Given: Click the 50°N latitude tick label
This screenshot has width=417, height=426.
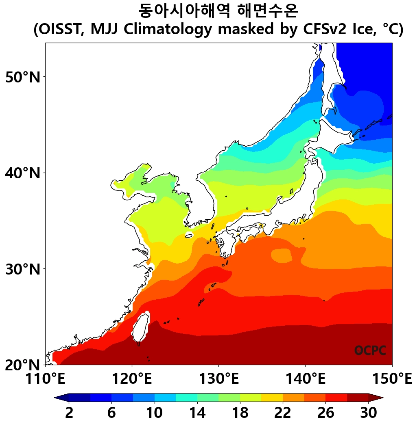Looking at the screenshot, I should (23, 77).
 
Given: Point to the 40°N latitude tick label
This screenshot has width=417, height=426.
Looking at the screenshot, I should (23, 173).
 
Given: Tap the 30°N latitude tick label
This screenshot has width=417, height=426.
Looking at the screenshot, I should (23, 269).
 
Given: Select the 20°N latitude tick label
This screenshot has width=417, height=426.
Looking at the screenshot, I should (23, 365).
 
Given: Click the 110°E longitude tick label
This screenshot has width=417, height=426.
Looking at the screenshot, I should (45, 379).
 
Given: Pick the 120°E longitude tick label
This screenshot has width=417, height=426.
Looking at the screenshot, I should (132, 379).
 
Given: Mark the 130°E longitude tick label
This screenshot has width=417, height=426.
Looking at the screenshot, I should (218, 379).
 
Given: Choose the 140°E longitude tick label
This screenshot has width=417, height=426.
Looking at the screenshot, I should (305, 379).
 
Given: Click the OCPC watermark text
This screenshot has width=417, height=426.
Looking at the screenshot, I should (370, 350).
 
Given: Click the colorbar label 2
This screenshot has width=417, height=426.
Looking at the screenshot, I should (69, 413).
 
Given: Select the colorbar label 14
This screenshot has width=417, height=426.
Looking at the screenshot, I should (197, 413).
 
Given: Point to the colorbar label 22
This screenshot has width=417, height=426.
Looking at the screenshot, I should (283, 413).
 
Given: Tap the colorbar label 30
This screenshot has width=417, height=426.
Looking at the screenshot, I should (368, 413).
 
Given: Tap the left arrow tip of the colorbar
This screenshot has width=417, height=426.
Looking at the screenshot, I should (56, 398).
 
